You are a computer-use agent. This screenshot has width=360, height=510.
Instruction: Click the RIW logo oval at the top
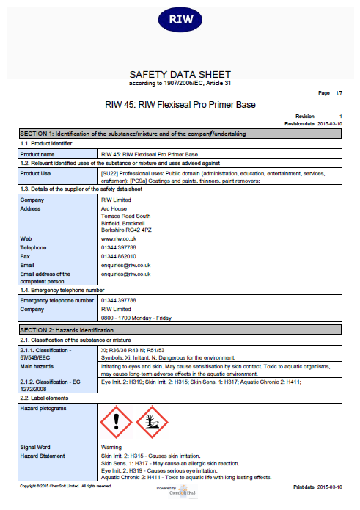[x=180, y=19]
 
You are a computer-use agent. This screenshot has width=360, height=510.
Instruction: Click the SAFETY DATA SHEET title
[x=180, y=74]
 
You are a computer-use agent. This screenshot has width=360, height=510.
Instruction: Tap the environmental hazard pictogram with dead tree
[x=153, y=422]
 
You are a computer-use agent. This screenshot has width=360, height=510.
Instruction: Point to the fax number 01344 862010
[x=119, y=256]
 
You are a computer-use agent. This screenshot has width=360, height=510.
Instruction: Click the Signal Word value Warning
[x=111, y=447]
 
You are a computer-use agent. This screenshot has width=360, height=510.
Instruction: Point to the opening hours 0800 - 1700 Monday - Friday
[x=136, y=318]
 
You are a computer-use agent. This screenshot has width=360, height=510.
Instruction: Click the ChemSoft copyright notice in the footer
[x=65, y=486]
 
